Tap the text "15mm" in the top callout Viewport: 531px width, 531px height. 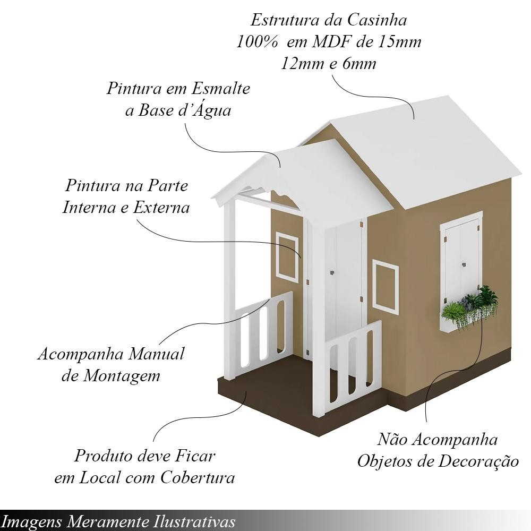click(x=396, y=42)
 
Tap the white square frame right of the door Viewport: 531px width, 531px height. click(x=386, y=287)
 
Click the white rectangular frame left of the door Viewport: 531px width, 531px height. click(x=287, y=257)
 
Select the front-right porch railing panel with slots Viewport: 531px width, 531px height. click(x=353, y=366)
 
